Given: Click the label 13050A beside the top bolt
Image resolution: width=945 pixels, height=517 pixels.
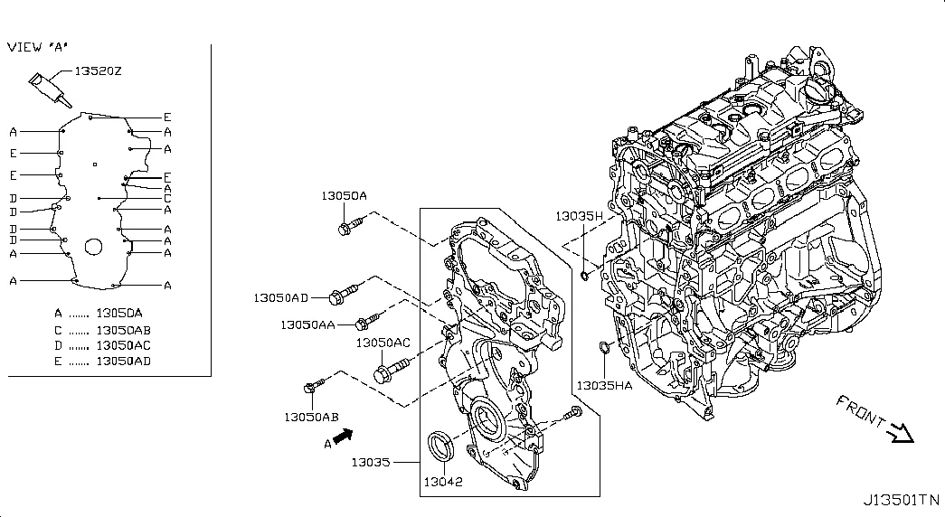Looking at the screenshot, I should coord(344,195).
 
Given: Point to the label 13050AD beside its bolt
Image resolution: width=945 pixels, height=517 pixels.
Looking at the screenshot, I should coord(280,297).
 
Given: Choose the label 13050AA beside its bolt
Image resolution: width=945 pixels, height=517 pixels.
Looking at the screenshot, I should coord(307,324).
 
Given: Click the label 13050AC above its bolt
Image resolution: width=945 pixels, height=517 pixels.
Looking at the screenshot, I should coord(383,343).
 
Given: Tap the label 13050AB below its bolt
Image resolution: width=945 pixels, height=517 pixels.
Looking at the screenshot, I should coord(311,418).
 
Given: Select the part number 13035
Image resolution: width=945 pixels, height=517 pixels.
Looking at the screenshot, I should coord(371,462).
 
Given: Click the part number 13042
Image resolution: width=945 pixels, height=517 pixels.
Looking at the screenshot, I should coord(442,482).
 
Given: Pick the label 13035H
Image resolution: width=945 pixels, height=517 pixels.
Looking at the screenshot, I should coord(578,217).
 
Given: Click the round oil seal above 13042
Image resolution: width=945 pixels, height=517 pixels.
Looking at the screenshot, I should coord(441,446).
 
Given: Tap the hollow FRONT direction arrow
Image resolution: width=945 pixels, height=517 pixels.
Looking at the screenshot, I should coord(901,434).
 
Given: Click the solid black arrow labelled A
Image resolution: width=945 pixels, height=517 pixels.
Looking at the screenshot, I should coord(342,437).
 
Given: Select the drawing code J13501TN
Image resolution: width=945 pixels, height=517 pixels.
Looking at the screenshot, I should coord(901,499).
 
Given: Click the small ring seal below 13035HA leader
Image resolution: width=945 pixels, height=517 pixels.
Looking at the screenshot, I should coord(603,347).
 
